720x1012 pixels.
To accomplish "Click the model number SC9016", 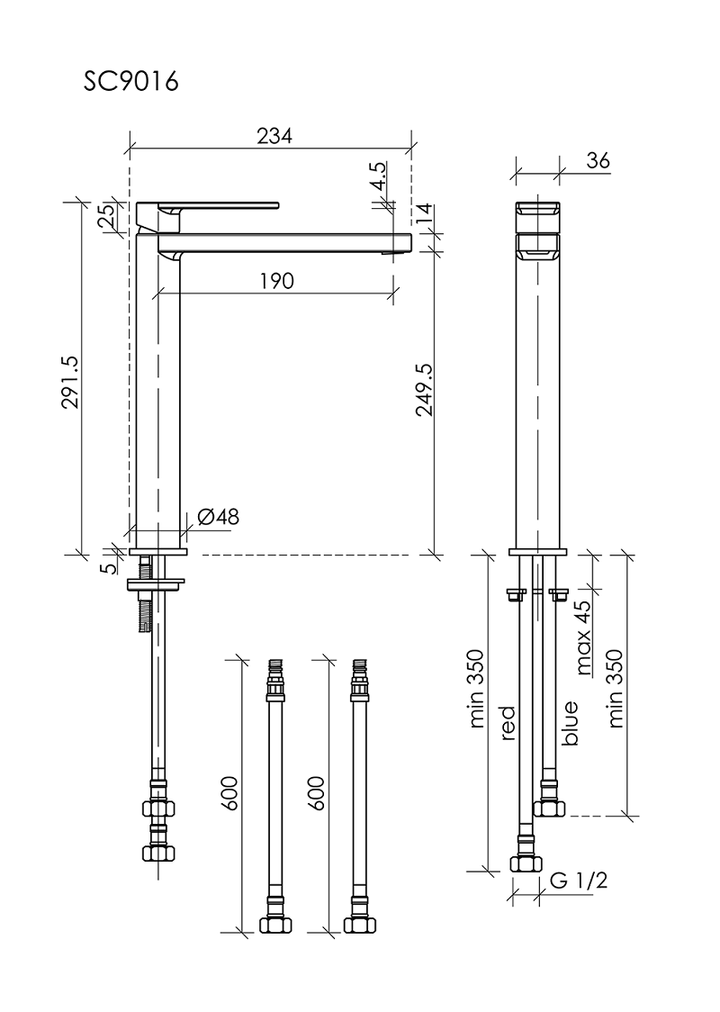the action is [x=130, y=81].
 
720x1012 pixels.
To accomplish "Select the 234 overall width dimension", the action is [x=274, y=136].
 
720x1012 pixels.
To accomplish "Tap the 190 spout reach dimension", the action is [x=277, y=281].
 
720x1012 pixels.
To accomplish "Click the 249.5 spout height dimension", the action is [x=424, y=389].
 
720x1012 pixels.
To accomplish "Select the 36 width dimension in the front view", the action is [x=598, y=160].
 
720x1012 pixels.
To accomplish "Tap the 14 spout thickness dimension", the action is [x=423, y=212].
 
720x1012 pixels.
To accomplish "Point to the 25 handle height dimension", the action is [x=109, y=215].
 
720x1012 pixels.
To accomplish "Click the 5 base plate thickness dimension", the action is [x=110, y=567].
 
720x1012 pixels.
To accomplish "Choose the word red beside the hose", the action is [x=507, y=722].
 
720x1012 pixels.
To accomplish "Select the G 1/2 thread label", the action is [x=579, y=880].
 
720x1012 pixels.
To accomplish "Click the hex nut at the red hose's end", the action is [x=526, y=863].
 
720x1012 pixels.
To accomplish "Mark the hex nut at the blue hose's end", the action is [x=549, y=808].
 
